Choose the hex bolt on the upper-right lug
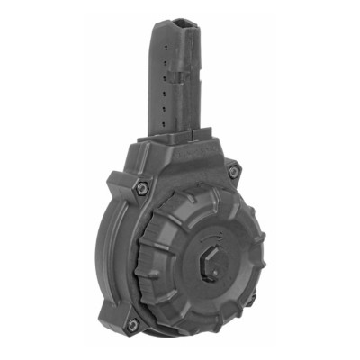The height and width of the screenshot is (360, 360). (x=233, y=169)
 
